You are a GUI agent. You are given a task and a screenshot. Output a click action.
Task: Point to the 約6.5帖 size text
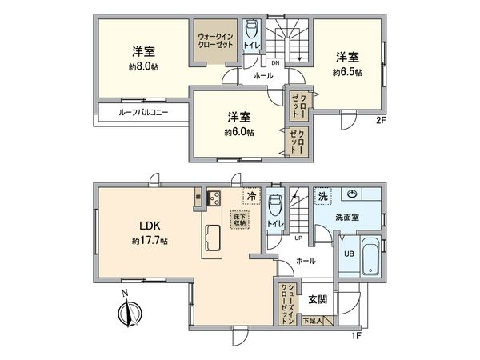(347, 72)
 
